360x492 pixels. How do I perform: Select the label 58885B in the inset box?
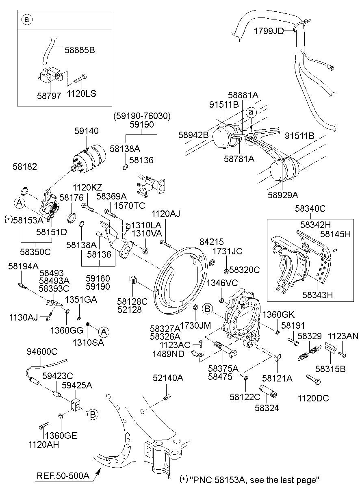[80, 50]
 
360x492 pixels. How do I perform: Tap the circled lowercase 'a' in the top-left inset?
[26, 20]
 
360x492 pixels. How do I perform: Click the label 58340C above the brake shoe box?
[310, 209]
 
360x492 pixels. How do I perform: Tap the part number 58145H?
[335, 234]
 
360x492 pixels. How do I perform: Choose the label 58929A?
[282, 195]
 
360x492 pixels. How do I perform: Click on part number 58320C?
[244, 269]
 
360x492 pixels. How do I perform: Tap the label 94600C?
[42, 351]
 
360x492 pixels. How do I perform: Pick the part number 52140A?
[168, 378]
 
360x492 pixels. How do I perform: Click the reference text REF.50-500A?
[63, 475]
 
